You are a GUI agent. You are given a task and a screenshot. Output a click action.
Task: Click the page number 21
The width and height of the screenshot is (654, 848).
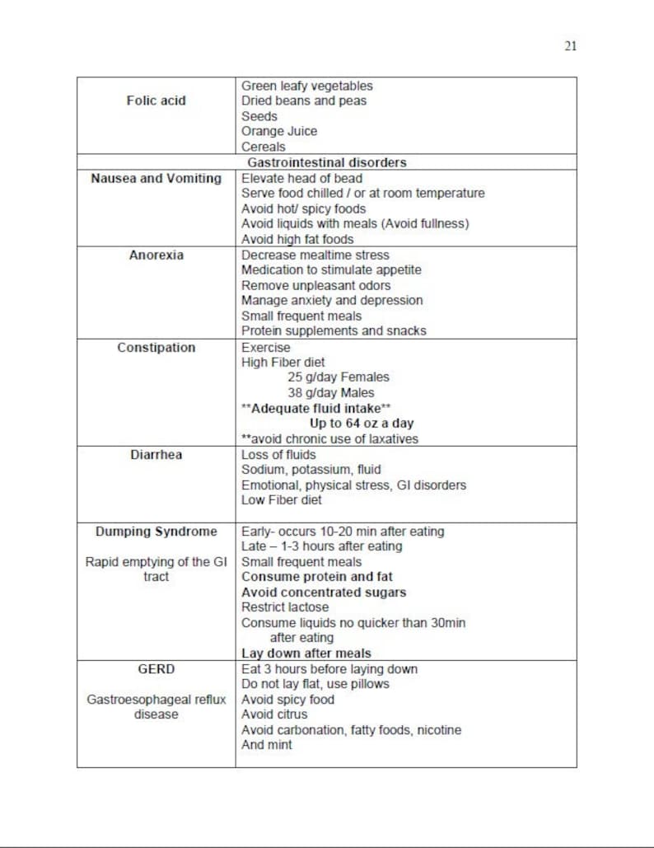pyautogui.click(x=570, y=46)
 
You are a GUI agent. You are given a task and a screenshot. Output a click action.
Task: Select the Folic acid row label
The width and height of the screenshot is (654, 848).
pyautogui.click(x=156, y=101)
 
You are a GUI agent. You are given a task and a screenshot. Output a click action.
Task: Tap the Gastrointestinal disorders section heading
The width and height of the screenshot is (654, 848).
pyautogui.click(x=326, y=162)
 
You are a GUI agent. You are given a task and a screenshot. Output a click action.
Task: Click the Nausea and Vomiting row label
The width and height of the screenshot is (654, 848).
pyautogui.click(x=156, y=178)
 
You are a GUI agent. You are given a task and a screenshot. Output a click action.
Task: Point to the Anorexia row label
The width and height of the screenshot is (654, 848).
pyautogui.click(x=156, y=255)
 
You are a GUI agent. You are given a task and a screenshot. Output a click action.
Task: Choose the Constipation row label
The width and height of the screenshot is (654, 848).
pyautogui.click(x=156, y=347)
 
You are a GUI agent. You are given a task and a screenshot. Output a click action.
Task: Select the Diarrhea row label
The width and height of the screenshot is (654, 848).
pyautogui.click(x=156, y=454)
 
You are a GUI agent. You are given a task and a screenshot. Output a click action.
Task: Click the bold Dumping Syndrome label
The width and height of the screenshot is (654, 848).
pyautogui.click(x=156, y=532)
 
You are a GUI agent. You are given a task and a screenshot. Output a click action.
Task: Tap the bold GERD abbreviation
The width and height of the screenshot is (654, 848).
pyautogui.click(x=156, y=669)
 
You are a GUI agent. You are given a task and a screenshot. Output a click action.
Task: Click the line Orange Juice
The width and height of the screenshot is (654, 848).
pyautogui.click(x=278, y=131)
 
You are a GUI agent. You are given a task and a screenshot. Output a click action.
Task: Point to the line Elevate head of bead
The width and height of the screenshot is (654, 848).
pyautogui.click(x=301, y=178)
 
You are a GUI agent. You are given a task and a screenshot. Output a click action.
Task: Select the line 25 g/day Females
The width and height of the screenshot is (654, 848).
pyautogui.click(x=338, y=377)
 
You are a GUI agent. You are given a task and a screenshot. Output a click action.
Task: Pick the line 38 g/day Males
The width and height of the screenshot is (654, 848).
pyautogui.click(x=330, y=393)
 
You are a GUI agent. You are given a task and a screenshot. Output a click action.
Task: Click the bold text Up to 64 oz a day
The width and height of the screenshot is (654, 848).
pyautogui.click(x=362, y=424)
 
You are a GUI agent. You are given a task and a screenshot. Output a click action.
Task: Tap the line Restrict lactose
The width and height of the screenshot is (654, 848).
pyautogui.click(x=284, y=607)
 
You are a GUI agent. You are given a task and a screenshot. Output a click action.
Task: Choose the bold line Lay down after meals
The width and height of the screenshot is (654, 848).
pyautogui.click(x=306, y=654)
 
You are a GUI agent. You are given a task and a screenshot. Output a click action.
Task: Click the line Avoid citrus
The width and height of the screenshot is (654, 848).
pyautogui.click(x=273, y=714)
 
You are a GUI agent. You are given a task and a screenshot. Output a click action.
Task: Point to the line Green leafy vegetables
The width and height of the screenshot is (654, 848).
pyautogui.click(x=306, y=86)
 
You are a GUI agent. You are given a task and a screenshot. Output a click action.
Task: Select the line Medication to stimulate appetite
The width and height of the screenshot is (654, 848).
pyautogui.click(x=330, y=270)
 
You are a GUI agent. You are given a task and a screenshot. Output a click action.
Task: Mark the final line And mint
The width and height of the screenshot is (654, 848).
pyautogui.click(x=266, y=745)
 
